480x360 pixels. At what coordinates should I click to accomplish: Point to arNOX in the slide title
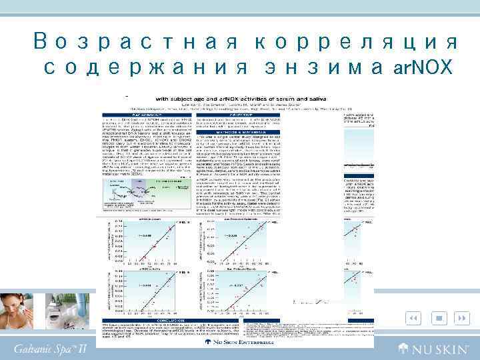(x=424, y=67)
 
